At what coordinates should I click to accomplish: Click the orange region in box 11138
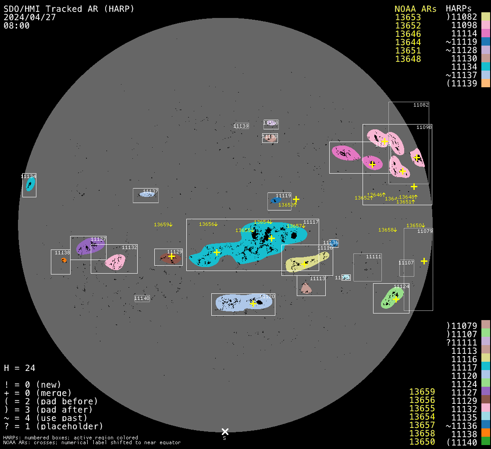pos(64,260)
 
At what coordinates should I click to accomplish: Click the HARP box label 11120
pos(267,297)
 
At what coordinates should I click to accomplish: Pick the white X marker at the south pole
pos(225,431)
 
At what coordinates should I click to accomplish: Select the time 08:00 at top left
pos(17,25)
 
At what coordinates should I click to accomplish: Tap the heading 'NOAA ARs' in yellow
pos(415,9)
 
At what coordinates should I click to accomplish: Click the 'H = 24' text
pos(20,368)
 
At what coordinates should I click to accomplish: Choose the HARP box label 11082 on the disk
pos(421,105)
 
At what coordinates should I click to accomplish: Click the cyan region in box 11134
pos(30,184)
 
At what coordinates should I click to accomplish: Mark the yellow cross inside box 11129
pos(171,256)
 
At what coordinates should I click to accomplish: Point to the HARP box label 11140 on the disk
pos(142,298)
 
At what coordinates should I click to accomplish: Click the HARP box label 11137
pos(150,192)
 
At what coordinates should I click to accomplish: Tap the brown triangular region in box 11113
pos(306,289)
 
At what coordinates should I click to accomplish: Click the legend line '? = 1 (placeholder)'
pos(53,426)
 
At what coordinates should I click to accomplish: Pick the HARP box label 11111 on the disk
pos(374,257)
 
